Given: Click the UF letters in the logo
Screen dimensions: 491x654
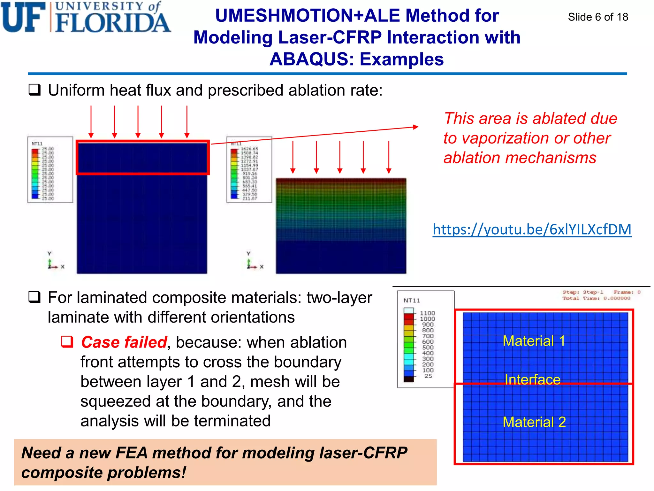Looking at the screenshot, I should coord(23,18).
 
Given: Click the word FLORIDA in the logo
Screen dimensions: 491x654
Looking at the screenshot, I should coord(112,23).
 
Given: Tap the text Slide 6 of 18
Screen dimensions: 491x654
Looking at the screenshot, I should coord(598,17).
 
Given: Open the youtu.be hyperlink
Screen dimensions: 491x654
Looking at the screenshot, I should coord(532,230).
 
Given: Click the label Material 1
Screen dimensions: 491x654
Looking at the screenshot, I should coord(534,341).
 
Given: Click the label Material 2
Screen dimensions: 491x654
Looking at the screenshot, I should coord(534,422).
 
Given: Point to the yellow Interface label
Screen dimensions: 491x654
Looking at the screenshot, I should coord(532,379).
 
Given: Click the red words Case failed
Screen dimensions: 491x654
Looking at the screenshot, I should coord(124,342).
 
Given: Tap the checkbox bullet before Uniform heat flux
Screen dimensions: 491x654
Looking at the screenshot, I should coord(35,90).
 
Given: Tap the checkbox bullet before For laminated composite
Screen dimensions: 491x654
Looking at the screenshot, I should coord(35,297).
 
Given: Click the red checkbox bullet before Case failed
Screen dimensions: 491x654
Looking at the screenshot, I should coord(67,342).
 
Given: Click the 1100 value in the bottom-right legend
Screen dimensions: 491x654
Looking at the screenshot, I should coord(427,313).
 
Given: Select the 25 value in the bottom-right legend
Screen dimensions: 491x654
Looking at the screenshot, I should coord(428,376).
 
